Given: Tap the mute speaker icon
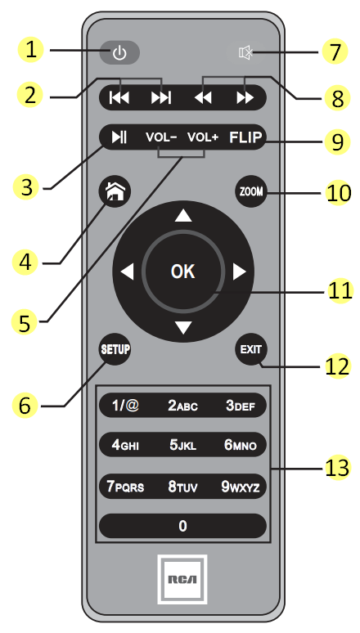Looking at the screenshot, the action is click(x=245, y=52).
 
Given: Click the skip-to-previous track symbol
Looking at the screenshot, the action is click(x=119, y=97).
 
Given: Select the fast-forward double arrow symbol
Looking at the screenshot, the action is click(x=245, y=97).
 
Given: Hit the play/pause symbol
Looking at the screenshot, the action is click(x=119, y=137).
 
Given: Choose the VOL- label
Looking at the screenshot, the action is click(x=161, y=137).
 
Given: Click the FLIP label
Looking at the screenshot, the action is click(x=245, y=137).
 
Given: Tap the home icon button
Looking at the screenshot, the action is click(x=115, y=191).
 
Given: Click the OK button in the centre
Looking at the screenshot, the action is click(x=183, y=272).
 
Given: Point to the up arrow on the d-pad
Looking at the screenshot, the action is click(x=183, y=217).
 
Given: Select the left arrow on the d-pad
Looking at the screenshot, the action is click(x=127, y=272).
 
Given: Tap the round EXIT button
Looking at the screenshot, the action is click(x=251, y=349).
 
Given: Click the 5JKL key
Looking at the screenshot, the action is click(x=183, y=445).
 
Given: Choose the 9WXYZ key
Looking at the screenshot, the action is click(x=241, y=487).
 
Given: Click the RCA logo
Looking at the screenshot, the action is click(x=182, y=579).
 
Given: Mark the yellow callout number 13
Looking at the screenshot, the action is click(x=336, y=468).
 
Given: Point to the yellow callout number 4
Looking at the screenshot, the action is click(x=25, y=263).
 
